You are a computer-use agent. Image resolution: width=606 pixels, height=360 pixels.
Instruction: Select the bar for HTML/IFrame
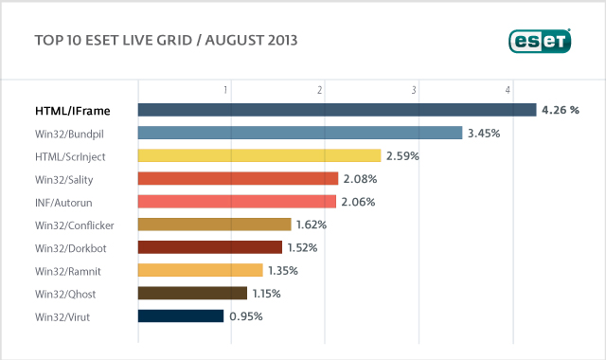(337, 110)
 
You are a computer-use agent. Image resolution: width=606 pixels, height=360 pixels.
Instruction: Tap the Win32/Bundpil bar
(300, 133)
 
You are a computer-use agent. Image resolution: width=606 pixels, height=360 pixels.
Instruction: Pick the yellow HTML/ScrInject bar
(259, 155)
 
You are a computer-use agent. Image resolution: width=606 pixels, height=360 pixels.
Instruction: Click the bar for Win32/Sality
(238, 178)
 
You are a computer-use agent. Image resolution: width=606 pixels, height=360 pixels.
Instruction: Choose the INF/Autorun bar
(237, 201)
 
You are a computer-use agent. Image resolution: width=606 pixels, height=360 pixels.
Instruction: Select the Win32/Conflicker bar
(214, 225)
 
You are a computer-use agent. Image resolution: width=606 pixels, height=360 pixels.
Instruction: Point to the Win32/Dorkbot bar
(209, 247)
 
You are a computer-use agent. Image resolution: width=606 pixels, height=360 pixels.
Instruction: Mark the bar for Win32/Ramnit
(200, 270)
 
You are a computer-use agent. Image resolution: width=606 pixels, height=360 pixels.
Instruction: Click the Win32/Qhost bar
(192, 293)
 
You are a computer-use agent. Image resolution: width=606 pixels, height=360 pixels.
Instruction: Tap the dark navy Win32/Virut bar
(181, 315)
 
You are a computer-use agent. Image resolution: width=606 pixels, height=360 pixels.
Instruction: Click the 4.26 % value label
(560, 110)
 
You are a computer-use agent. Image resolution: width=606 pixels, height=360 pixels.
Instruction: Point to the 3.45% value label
(483, 133)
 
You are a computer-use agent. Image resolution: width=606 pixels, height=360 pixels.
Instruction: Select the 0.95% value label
(246, 315)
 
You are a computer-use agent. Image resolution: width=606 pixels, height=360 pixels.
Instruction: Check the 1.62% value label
(312, 225)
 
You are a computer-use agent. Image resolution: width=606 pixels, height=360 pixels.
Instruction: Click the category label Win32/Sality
(63, 178)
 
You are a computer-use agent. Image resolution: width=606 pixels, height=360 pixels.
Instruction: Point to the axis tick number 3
(415, 90)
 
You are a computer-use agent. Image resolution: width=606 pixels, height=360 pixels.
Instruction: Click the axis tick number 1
(226, 90)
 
